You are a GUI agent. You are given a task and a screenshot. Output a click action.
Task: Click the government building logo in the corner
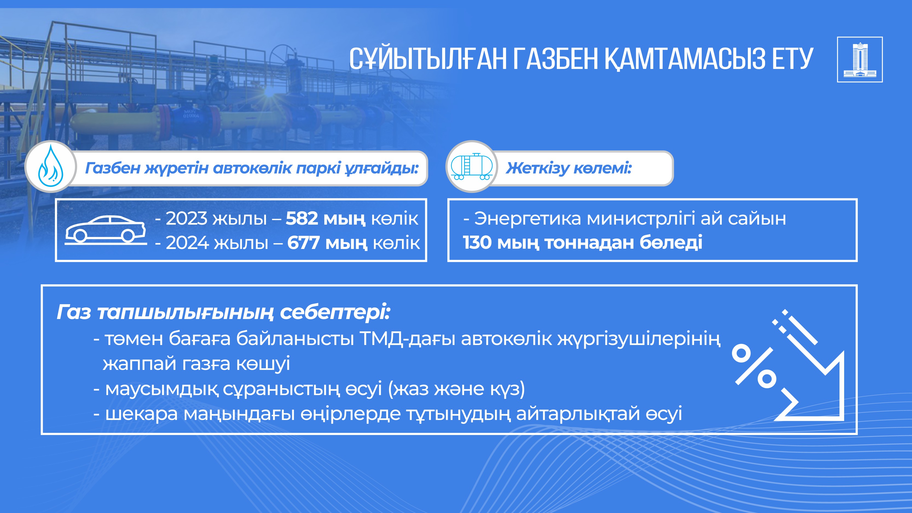click(860, 59)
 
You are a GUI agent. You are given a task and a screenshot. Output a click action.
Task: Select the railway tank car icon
click(471, 166)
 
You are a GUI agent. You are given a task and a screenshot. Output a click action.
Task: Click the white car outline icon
click(106, 230)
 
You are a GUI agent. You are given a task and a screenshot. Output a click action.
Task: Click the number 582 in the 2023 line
click(302, 218)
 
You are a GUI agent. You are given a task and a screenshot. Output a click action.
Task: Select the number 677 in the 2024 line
click(303, 243)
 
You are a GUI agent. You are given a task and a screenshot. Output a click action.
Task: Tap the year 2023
click(186, 218)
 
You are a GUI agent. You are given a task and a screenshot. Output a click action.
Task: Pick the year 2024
click(187, 243)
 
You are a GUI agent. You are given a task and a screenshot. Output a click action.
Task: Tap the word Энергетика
click(528, 218)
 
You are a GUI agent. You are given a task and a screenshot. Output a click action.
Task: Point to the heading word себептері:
click(335, 312)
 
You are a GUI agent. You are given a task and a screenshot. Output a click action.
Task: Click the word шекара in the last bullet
click(142, 413)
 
